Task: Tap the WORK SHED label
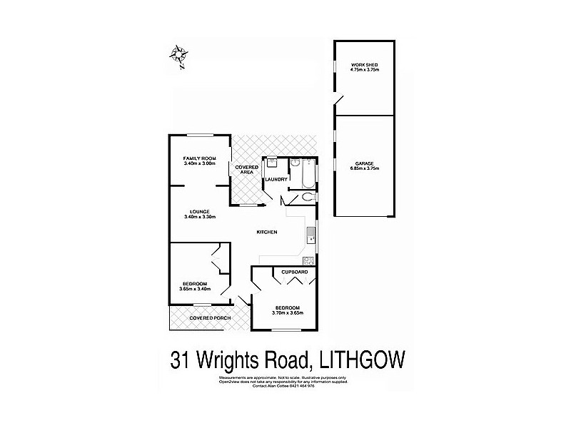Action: click(364, 66)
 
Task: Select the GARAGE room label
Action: click(364, 163)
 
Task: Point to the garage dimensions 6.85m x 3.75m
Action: click(364, 168)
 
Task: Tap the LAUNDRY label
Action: click(276, 179)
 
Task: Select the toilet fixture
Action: click(308, 196)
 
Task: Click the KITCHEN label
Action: click(268, 233)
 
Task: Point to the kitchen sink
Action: click(308, 233)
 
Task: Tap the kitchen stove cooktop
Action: click(308, 260)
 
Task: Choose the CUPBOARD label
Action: click(293, 272)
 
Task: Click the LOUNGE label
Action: click(199, 211)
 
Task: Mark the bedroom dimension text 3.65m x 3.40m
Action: click(194, 289)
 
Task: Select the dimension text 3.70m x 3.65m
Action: click(288, 312)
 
